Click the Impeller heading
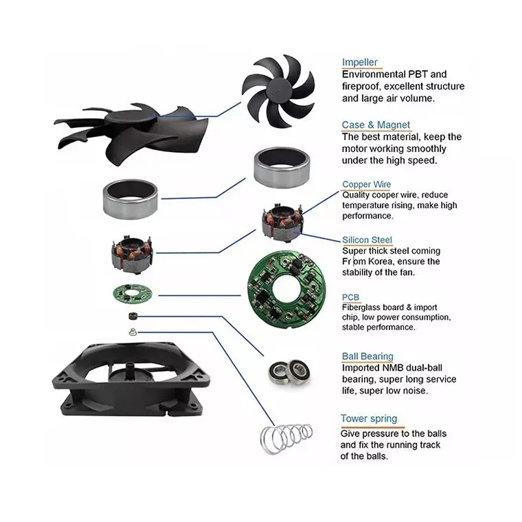tap(360, 62)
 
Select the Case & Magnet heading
tap(376, 125)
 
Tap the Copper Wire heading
tap(367, 184)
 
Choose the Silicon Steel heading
tap(367, 239)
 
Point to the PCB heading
tap(350, 297)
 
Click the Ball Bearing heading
tap(367, 356)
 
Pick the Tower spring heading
tap(369, 418)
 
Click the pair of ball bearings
tap(290, 372)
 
